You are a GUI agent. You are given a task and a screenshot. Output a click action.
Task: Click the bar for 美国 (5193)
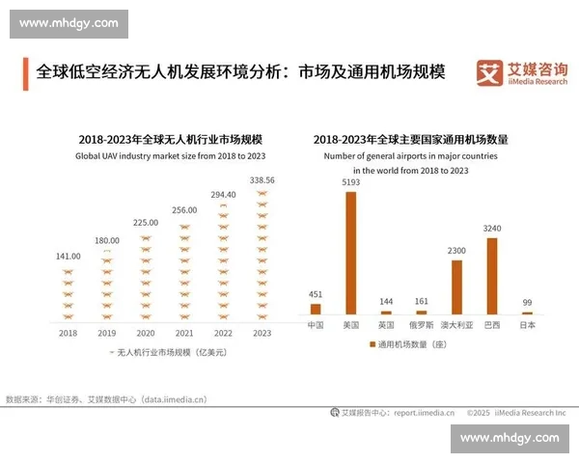click(x=350, y=253)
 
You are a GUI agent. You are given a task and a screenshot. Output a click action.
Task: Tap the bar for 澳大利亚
click(x=456, y=287)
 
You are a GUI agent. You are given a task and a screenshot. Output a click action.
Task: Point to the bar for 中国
click(x=316, y=309)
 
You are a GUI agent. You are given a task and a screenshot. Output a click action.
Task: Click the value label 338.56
click(x=262, y=180)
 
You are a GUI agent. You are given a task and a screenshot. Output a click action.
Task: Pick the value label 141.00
click(x=68, y=257)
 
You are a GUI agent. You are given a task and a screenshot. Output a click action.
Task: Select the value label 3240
click(x=492, y=230)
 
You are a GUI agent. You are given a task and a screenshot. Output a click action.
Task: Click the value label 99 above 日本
click(x=527, y=303)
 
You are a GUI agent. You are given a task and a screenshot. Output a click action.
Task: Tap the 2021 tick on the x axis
click(x=184, y=333)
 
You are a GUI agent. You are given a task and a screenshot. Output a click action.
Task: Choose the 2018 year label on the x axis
click(x=68, y=333)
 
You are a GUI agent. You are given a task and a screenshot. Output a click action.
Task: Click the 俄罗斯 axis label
click(x=421, y=326)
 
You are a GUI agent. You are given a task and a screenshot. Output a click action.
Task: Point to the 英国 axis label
click(x=386, y=326)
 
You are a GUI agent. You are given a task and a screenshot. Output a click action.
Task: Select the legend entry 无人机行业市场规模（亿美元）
click(x=170, y=353)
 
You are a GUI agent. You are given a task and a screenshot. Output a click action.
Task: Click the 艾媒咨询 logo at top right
click(x=521, y=72)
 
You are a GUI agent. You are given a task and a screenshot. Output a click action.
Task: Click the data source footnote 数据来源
click(x=106, y=398)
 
